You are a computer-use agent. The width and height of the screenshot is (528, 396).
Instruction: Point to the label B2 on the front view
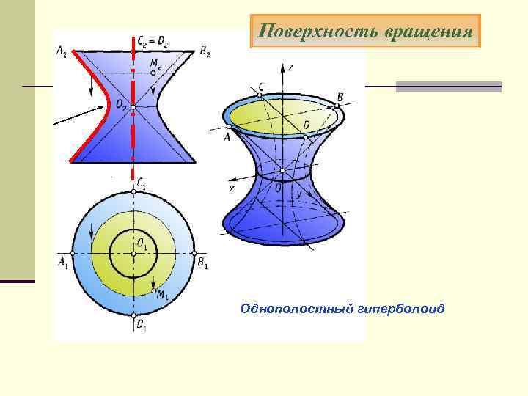(x=205, y=51)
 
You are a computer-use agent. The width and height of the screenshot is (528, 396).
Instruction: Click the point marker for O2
(x=133, y=107)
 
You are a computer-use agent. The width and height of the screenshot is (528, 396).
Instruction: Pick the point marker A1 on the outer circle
(x=71, y=254)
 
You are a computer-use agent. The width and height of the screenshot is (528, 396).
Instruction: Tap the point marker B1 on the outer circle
(x=195, y=254)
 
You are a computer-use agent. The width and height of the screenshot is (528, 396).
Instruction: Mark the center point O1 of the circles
(x=133, y=254)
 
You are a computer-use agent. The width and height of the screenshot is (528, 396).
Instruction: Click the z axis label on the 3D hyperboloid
(x=291, y=67)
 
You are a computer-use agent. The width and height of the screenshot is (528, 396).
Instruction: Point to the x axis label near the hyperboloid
(x=232, y=188)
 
